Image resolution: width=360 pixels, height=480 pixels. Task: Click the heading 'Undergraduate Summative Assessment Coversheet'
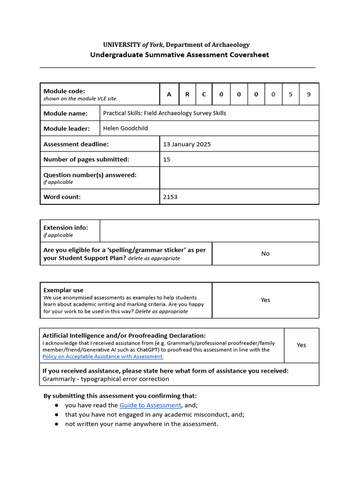coord(180,55)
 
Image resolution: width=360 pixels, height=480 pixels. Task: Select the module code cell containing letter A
coord(169,94)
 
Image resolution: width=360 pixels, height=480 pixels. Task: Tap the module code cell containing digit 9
coord(308,94)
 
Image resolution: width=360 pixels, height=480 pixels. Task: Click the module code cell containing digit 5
coord(291,94)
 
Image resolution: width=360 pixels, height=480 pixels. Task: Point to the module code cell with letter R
coord(187,94)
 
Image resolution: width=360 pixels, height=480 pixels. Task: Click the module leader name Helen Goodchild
coord(125,128)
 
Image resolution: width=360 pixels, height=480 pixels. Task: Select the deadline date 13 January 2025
coord(187,144)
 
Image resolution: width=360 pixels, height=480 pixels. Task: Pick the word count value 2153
coord(170,197)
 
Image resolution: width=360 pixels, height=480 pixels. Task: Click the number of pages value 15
coord(167,159)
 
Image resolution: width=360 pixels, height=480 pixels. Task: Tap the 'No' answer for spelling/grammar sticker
coord(265,254)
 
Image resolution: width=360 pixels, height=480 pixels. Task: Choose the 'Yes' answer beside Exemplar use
coord(265,300)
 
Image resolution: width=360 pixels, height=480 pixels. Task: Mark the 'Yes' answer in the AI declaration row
coord(301,345)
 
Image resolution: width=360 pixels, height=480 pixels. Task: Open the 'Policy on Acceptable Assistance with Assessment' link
coord(103,357)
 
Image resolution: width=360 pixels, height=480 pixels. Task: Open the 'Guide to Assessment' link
coord(150,405)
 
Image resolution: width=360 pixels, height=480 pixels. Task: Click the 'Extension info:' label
coord(66,228)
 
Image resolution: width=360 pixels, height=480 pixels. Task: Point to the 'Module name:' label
coord(66,113)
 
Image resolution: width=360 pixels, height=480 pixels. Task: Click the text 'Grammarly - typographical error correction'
coord(106,379)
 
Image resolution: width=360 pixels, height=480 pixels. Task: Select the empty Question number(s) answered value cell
coord(239,178)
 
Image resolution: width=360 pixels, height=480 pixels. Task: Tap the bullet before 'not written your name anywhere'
coord(56,424)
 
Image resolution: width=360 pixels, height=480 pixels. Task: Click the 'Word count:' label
coord(62,197)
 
